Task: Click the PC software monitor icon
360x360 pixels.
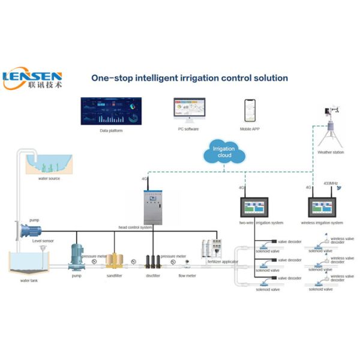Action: pyautogui.click(x=188, y=109)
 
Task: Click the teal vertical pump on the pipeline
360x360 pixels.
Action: pyautogui.click(x=77, y=257)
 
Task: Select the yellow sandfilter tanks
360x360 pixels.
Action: pyautogui.click(x=114, y=259)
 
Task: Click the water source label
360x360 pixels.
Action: pyautogui.click(x=49, y=178)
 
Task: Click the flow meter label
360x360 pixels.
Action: pyautogui.click(x=187, y=275)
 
